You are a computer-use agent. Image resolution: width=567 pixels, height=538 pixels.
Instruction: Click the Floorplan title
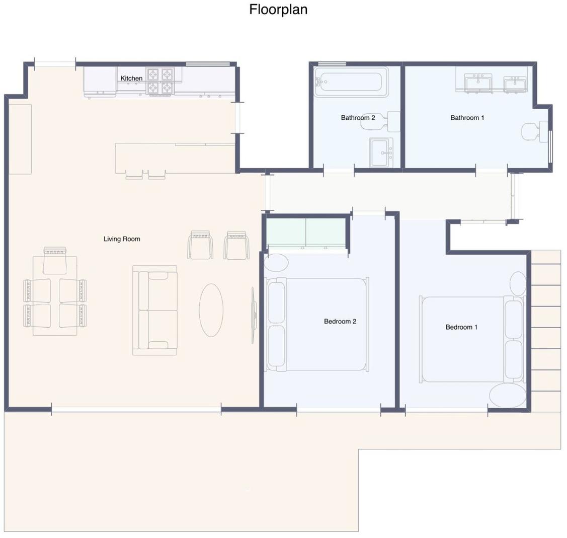[278, 10]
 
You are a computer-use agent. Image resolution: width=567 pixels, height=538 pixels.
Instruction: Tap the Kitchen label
[131, 78]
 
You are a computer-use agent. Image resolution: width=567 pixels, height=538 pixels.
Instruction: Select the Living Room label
[122, 239]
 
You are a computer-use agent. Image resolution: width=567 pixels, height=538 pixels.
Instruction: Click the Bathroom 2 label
[358, 118]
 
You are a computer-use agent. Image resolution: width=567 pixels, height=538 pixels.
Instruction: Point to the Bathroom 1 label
[467, 118]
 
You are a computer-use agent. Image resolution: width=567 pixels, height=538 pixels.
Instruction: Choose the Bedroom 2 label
[340, 321]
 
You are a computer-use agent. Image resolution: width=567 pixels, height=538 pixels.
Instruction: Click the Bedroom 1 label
[461, 327]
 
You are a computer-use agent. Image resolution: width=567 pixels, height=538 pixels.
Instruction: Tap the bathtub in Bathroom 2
[351, 82]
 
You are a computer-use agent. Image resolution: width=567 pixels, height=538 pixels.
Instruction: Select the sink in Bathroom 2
[381, 151]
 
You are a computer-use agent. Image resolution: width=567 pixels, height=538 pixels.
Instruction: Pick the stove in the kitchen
[160, 81]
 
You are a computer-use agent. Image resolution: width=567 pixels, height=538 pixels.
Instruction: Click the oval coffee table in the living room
[211, 310]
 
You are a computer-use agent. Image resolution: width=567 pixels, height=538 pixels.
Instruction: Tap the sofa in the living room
[155, 311]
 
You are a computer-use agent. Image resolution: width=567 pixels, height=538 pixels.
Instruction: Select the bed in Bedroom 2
[318, 324]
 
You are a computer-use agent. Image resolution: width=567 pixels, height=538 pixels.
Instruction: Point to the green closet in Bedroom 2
[306, 233]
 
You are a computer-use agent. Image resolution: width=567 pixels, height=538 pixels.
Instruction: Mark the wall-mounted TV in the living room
[253, 316]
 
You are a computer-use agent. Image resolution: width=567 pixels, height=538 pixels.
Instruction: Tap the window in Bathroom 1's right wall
[550, 146]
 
